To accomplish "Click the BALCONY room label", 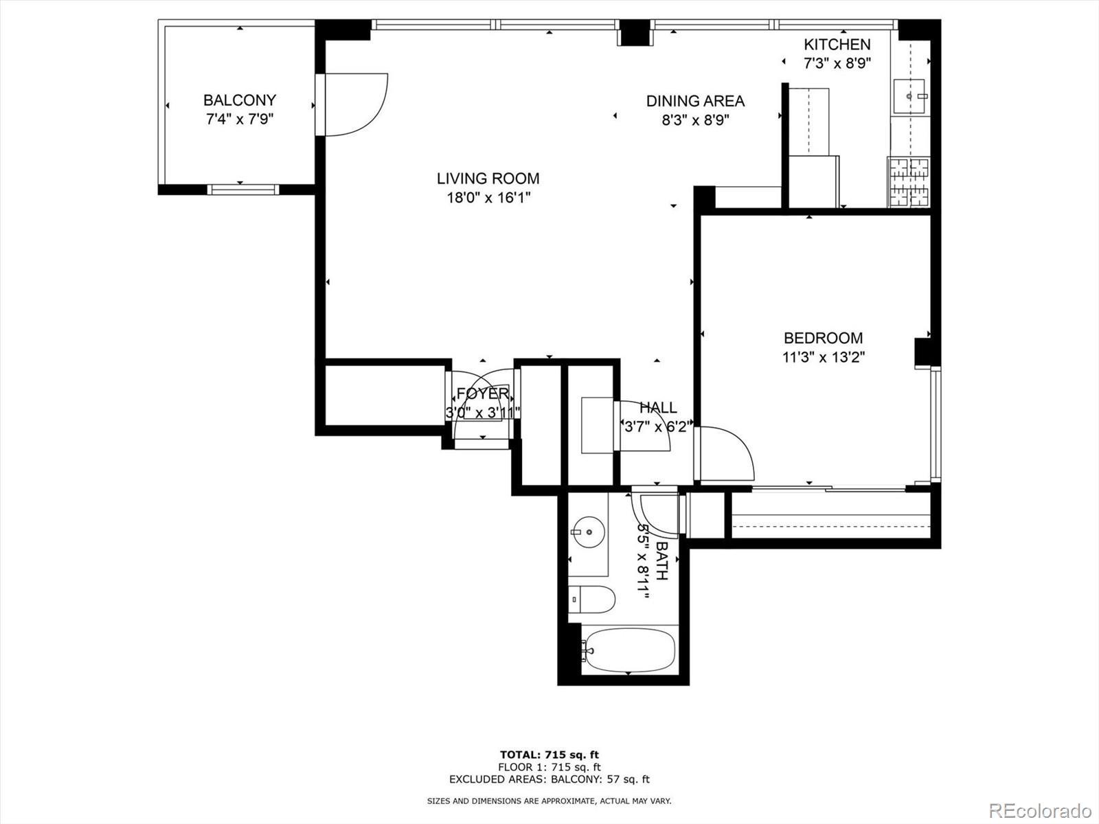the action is pos(239,100).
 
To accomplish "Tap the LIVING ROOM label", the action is pos(488,179).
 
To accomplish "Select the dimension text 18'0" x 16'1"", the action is pos(488,198).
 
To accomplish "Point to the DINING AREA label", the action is pos(695,101).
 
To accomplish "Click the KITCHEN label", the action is pos(837,45).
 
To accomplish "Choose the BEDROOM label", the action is pos(823,339).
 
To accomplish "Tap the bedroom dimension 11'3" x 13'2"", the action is pos(823,357).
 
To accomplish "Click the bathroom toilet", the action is pos(591,599).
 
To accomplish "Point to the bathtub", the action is pos(630,651).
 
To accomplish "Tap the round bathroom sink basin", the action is pos(589,532).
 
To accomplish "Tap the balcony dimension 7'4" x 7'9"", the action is pos(239,119).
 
